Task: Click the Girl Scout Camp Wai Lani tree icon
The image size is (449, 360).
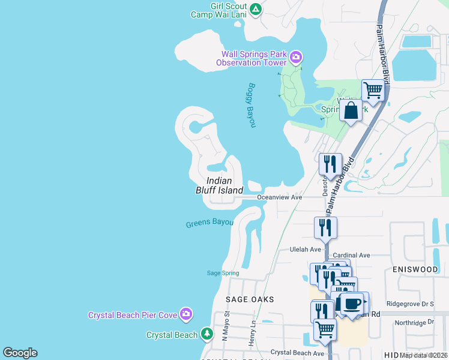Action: [x=256, y=9]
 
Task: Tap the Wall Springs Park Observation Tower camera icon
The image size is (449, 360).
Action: [x=295, y=58]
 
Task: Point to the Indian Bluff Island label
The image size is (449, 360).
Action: [x=218, y=185]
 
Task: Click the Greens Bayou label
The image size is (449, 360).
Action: [x=209, y=223]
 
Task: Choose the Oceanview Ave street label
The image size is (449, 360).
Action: [x=279, y=197]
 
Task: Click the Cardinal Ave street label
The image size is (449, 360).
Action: [x=351, y=255]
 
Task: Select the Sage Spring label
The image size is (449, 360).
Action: [x=223, y=273]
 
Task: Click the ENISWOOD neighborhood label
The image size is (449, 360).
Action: [x=415, y=269]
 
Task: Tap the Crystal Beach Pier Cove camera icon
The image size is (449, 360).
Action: [x=186, y=314]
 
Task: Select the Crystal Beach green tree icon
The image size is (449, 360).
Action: [x=207, y=333]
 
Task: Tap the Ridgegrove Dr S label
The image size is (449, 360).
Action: [x=411, y=304]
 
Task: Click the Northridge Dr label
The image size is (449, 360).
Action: [x=414, y=322]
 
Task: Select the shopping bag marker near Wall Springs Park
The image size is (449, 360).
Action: [x=351, y=110]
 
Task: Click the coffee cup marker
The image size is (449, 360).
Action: [x=352, y=304]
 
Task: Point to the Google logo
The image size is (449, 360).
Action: [x=20, y=353]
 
